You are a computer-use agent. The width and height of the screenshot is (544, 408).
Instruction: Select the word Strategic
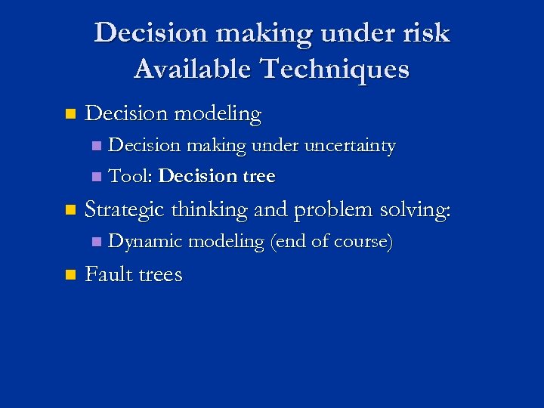[x=126, y=210]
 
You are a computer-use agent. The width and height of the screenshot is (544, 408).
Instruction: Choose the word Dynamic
[x=146, y=242]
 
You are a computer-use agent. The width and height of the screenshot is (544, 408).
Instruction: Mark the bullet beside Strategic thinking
[x=70, y=211]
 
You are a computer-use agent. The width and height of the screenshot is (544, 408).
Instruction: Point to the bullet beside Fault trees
[x=70, y=274]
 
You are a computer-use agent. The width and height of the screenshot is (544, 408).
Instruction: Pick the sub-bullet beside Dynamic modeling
[x=95, y=243]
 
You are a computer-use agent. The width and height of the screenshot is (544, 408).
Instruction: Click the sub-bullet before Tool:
[x=95, y=177]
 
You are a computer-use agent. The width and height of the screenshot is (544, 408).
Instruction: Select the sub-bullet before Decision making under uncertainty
[x=95, y=146]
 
